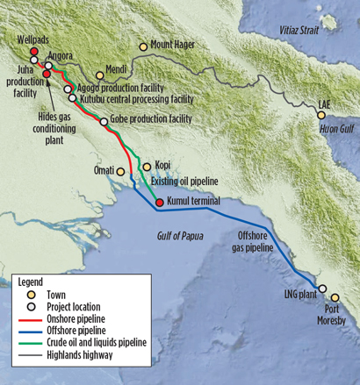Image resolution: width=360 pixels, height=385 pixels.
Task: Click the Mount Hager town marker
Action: [x=143, y=46]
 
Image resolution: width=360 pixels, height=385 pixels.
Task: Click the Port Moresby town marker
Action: [x=335, y=298]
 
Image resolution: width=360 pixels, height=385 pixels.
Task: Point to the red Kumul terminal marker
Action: [x=159, y=203]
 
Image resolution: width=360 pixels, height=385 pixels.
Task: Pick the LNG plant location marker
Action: [x=322, y=289]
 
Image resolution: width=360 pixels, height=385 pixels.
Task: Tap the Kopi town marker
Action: [x=147, y=165]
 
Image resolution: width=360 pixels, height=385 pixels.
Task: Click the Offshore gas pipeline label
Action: [x=261, y=242]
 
